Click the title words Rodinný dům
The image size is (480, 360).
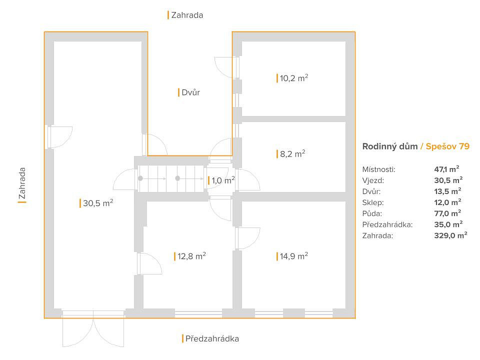tap(390, 146)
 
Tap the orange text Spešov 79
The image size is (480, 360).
tap(447, 146)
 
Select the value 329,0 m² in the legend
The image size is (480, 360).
tap(450, 235)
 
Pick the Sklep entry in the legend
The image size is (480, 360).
tap(373, 202)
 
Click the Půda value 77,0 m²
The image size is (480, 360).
tap(447, 213)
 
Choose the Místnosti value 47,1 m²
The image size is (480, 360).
tap(446, 169)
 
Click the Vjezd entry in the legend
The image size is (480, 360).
tap(373, 180)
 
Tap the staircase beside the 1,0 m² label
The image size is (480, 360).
tap(171, 179)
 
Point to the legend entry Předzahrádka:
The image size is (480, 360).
tap(387, 224)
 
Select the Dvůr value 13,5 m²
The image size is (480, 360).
tap(447, 191)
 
